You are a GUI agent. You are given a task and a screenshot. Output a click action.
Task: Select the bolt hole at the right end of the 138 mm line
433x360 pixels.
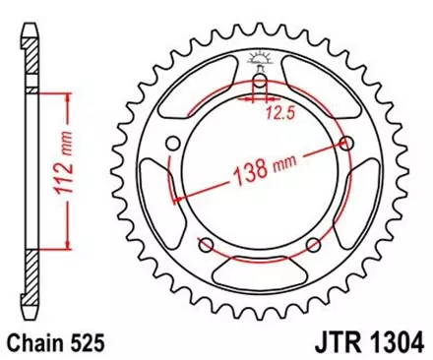pos(346,143)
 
